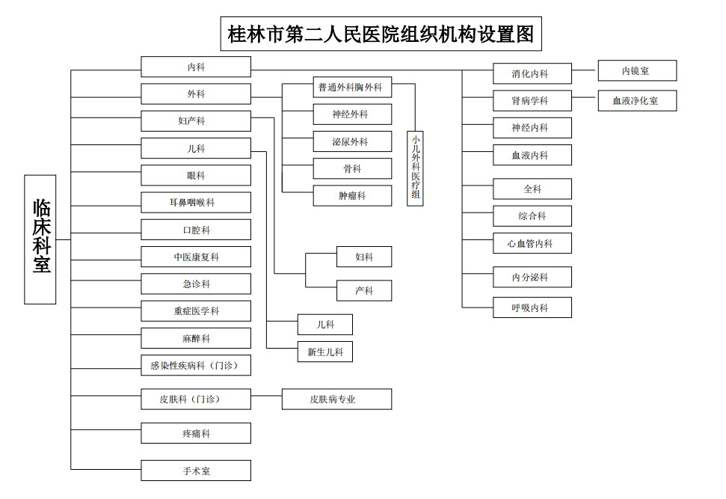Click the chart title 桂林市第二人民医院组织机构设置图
tap(381, 34)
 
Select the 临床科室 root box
tap(40, 239)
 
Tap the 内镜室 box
tap(637, 71)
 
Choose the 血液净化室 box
tap(637, 100)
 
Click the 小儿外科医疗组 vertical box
tap(415, 168)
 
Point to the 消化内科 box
tap(532, 73)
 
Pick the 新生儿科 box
tap(325, 352)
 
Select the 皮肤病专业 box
tap(336, 399)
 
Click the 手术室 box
tap(196, 471)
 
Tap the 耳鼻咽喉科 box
tap(196, 203)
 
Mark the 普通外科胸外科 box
tap(352, 87)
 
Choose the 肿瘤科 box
tap(352, 195)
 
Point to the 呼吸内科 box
tap(532, 307)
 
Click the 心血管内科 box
tap(532, 243)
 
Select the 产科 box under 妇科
tap(364, 290)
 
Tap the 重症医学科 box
tap(196, 311)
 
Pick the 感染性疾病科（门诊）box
tap(196, 365)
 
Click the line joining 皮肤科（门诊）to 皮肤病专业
tap(266, 396)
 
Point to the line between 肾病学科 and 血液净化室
tap(585, 97)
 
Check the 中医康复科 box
tap(196, 257)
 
